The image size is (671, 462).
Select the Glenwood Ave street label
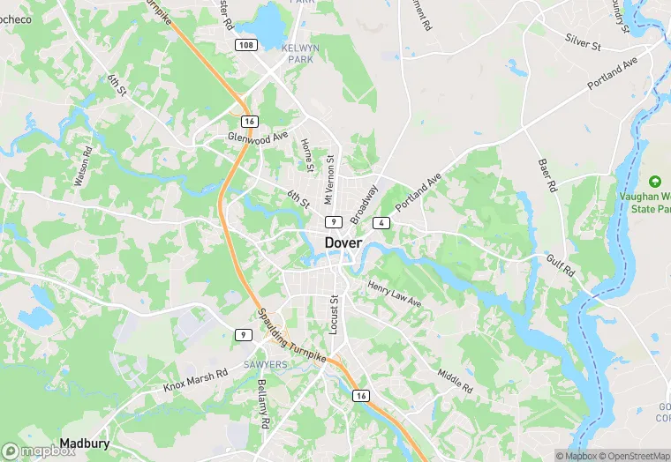click(258, 137)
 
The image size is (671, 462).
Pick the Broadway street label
click(363, 204)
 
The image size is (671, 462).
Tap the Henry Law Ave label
click(395, 295)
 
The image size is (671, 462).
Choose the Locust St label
click(334, 314)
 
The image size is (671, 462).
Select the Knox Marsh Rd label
click(195, 380)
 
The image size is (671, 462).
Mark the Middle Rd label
click(455, 376)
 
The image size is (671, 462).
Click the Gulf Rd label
click(560, 265)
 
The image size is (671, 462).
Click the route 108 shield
click(246, 44)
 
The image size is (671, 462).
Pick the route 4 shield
click(381, 223)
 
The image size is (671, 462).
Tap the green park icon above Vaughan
click(654, 181)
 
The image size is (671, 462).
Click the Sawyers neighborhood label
click(266, 364)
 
